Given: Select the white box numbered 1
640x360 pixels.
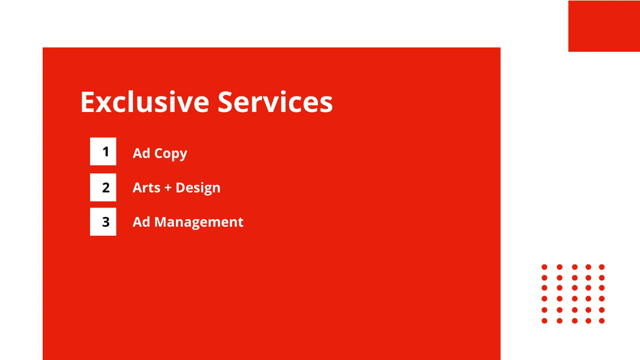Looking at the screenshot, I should coord(103,151).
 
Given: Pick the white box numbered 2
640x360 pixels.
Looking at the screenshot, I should coord(103,187).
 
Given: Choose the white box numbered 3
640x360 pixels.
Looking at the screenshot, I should coord(103,222).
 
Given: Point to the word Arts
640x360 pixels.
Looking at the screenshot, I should coord(146,188).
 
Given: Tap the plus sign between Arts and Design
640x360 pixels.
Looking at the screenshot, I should coord(168,188).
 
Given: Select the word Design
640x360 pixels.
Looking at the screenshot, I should coord(198,188).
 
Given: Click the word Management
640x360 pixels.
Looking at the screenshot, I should coord(199,222).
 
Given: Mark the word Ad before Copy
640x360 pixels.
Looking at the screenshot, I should coord(141,153).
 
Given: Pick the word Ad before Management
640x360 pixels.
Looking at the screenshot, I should coord(141,222).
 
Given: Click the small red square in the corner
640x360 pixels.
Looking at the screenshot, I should coord(604,26).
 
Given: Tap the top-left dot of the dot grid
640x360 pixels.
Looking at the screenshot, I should coord(545,267).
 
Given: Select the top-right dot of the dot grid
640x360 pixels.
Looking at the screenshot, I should coord(602,267).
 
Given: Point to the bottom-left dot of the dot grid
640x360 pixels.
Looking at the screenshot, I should coord(545,321).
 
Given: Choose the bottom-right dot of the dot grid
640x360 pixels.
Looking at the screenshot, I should coord(602,321).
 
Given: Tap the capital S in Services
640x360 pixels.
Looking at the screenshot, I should coord(226,102).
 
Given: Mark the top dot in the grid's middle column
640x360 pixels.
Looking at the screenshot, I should coord(575,267).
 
